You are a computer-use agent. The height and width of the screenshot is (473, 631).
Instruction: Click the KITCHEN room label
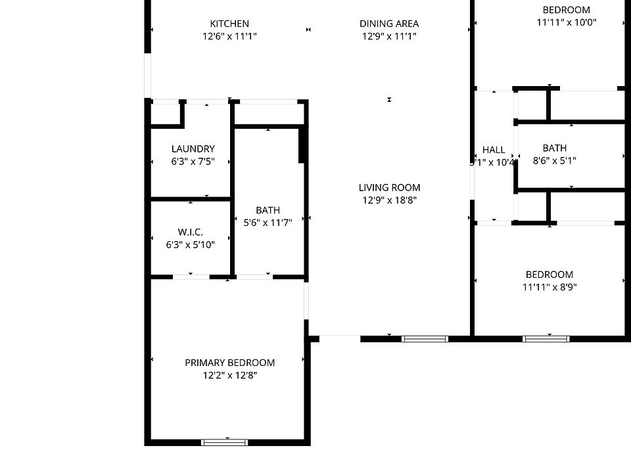click(229, 24)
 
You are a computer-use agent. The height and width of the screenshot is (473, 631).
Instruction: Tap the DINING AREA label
click(389, 24)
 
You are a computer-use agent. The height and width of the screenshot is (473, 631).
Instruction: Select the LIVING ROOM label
click(390, 187)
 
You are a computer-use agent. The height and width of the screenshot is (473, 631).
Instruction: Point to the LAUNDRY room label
click(193, 149)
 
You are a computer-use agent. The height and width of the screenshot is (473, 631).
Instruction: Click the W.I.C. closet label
click(190, 233)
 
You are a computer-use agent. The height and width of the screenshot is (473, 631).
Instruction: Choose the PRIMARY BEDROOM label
click(229, 363)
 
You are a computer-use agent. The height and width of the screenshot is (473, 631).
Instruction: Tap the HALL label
click(494, 150)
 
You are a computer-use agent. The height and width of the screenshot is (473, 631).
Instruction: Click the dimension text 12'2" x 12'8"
click(229, 376)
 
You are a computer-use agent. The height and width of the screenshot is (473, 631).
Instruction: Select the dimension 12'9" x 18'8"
click(390, 200)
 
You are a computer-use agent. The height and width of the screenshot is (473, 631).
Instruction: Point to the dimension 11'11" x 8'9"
click(549, 287)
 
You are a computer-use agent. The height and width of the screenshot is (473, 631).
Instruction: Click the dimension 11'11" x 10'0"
click(566, 22)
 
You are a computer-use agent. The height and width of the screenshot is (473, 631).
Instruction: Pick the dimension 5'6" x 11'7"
click(268, 223)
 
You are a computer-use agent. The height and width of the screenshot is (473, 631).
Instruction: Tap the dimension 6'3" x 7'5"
click(193, 162)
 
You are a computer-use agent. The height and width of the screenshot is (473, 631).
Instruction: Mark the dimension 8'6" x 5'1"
click(555, 161)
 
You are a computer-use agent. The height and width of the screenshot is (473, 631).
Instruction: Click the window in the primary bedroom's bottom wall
click(225, 442)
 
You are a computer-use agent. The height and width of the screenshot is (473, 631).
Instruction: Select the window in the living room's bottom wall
click(425, 339)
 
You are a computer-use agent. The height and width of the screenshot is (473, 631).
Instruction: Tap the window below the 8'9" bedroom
click(546, 339)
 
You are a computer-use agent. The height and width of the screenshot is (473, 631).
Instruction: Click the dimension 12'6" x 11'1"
click(229, 37)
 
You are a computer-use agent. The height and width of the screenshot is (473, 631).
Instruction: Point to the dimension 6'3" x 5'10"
click(190, 245)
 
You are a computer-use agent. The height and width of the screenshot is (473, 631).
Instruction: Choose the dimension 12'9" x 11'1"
click(389, 37)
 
